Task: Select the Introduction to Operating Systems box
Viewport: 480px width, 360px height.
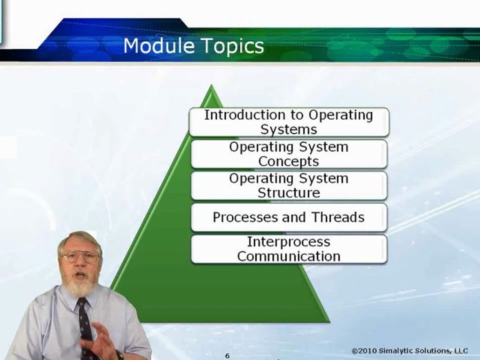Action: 288,122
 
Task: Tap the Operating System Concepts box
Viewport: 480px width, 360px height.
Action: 288,154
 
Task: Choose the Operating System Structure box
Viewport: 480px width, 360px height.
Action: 288,185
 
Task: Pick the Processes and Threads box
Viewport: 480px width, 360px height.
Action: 288,217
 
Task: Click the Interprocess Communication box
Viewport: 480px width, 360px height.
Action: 288,249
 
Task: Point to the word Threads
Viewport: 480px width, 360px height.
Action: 338,217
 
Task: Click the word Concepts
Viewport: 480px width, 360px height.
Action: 288,161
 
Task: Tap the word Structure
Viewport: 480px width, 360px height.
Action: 288,193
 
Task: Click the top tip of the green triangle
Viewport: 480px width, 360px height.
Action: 212,86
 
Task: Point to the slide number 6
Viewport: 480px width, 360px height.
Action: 226,355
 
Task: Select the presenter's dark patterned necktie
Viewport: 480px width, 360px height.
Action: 85,325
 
